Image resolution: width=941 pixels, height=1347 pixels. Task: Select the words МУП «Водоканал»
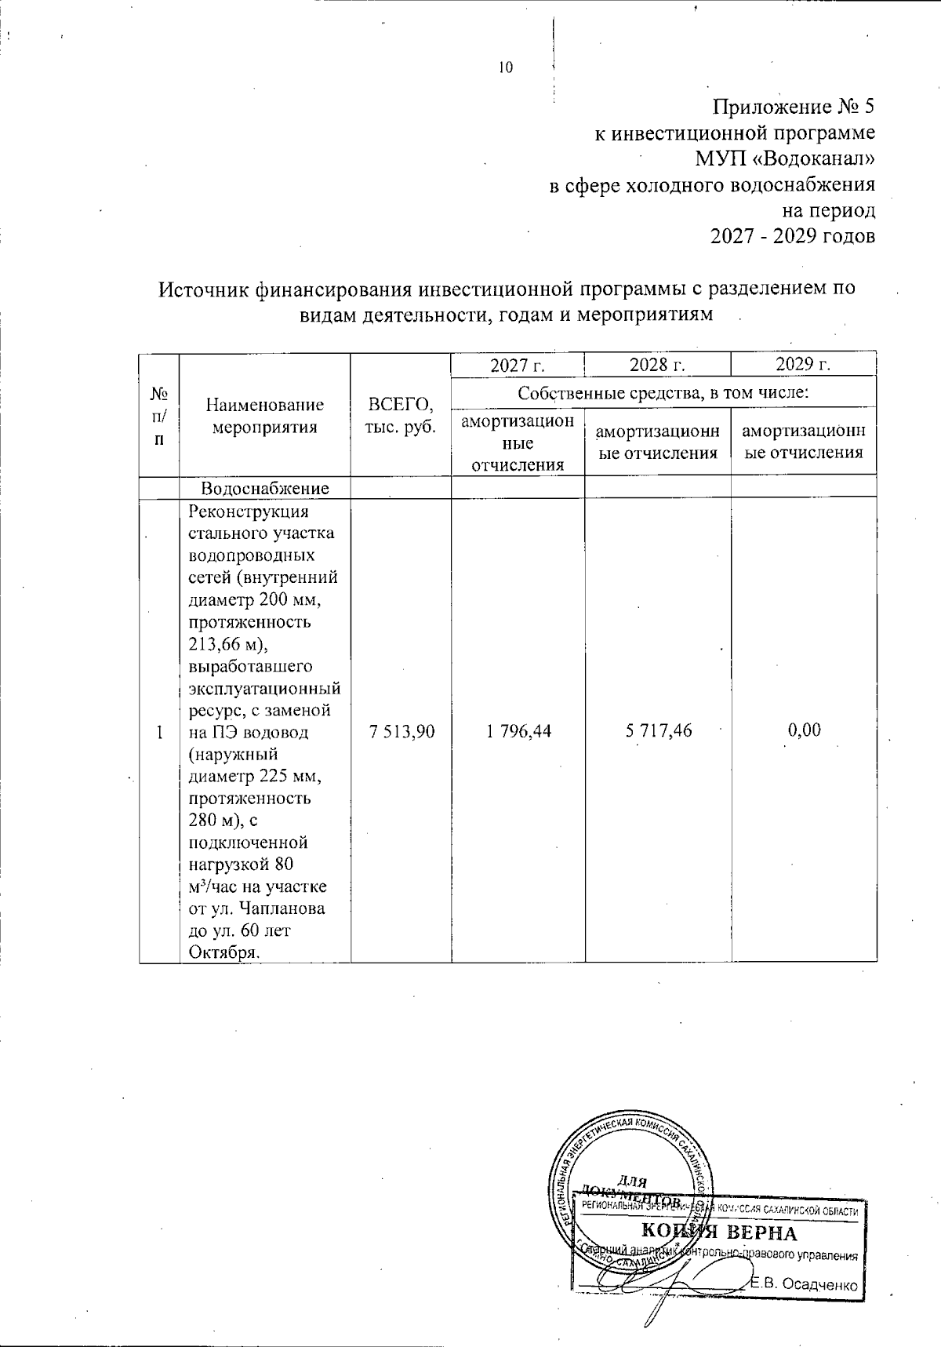coord(784,159)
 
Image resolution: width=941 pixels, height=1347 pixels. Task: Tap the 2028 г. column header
coord(657,365)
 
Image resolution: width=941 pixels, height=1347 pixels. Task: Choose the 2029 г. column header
coord(803,365)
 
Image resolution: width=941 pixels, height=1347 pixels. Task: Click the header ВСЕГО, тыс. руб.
coord(401,417)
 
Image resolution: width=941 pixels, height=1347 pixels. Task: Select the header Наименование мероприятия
coord(264,417)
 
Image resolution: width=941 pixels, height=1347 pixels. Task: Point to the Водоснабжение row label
coord(264,488)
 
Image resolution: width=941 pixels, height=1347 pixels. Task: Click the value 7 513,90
coord(401,731)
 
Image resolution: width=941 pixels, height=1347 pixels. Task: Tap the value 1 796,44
coord(518,731)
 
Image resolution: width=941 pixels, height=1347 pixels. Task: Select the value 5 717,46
coord(658,731)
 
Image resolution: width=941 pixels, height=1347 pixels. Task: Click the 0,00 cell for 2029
coord(804,731)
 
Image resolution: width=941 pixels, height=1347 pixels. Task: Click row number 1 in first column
coord(159,732)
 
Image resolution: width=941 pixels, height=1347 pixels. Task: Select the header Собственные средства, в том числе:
coord(663,391)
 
